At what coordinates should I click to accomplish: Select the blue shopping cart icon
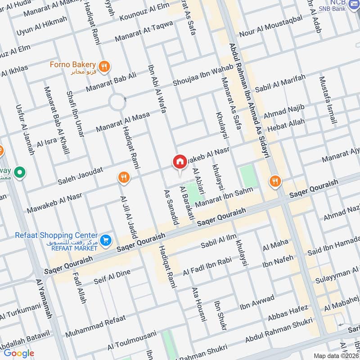pyautogui.click(x=106, y=241)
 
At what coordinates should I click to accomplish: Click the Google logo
pyautogui.click(x=19, y=353)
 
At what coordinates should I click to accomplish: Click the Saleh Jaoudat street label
pyautogui.click(x=81, y=176)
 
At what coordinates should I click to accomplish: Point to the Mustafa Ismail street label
pyautogui.click(x=328, y=100)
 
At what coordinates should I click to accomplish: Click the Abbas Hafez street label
pyautogui.click(x=288, y=314)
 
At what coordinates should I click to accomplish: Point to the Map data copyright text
pyautogui.click(x=336, y=355)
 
